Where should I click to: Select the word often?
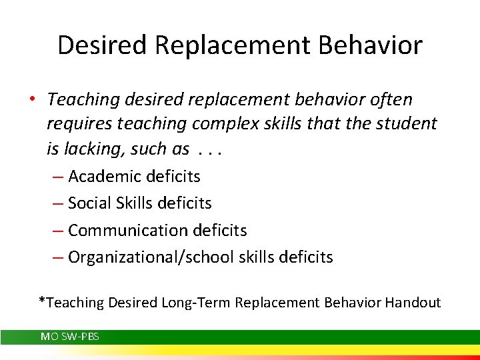(389, 100)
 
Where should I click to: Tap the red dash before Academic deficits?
(57, 177)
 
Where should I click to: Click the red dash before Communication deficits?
(57, 231)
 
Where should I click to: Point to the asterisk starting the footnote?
(41, 301)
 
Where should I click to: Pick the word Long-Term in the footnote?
(197, 303)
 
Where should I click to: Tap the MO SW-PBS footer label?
(70, 337)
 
